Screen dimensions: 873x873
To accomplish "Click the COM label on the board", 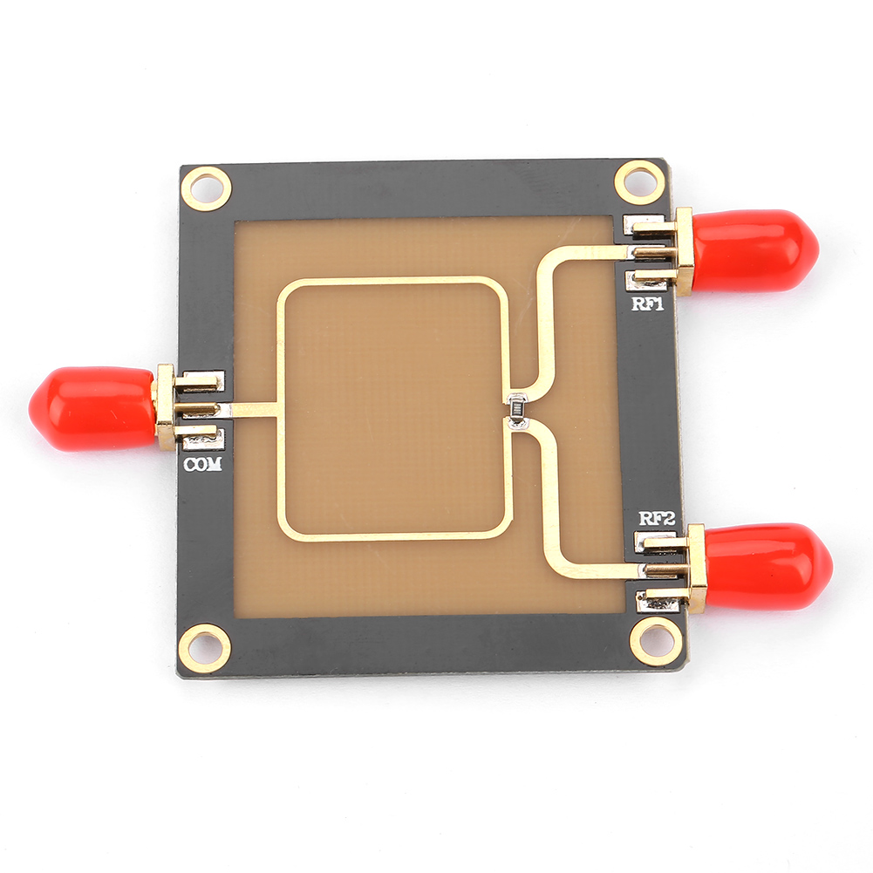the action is click(x=202, y=464).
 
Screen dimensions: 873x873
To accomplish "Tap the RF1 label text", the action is click(x=648, y=304).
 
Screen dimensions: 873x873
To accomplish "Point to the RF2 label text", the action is click(x=657, y=519).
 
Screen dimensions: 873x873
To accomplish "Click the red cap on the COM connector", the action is click(x=92, y=409).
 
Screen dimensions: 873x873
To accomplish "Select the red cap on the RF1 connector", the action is click(x=755, y=250).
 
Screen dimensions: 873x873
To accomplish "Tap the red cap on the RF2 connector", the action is click(x=768, y=566).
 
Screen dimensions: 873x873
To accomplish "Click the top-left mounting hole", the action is click(x=207, y=188).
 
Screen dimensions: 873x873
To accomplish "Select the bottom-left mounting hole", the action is click(x=206, y=648).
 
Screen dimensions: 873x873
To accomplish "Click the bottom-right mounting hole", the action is click(x=655, y=641).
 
